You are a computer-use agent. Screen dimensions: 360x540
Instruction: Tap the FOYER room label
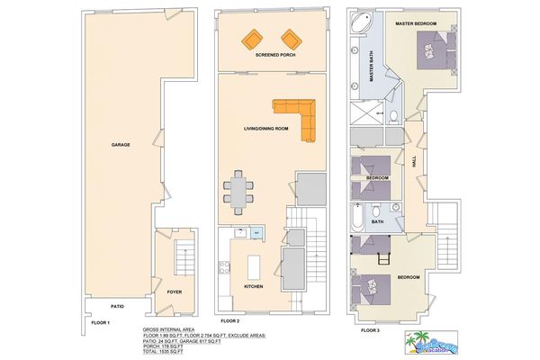pos(174,292)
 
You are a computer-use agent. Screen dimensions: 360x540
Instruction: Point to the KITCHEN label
pos(255,287)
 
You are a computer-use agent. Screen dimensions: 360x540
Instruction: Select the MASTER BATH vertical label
pos(372,68)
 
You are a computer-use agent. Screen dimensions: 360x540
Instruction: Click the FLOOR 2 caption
pos(232,321)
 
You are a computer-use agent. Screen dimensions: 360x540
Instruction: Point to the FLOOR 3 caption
pos(371,330)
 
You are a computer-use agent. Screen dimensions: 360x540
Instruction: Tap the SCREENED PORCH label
pos(275,55)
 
